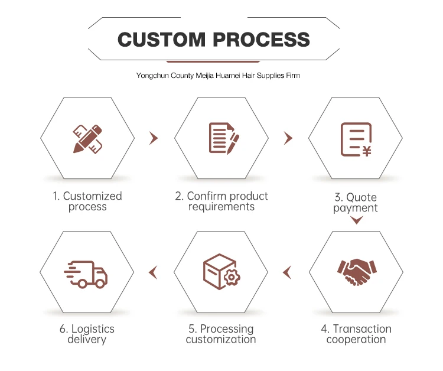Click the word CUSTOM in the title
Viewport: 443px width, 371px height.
click(162, 40)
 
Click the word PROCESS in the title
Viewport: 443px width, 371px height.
click(261, 40)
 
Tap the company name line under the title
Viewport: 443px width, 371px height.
click(221, 76)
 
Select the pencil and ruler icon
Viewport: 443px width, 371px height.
click(87, 138)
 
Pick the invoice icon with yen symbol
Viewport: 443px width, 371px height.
click(356, 139)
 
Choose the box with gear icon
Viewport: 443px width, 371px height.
click(221, 272)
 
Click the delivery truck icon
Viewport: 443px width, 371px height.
click(86, 274)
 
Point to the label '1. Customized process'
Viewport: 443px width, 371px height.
click(87, 201)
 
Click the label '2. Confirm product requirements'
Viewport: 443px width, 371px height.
click(221, 201)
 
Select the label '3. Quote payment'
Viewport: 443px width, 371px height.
click(356, 203)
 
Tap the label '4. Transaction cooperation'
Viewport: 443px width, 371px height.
click(356, 334)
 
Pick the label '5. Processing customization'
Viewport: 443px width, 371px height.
click(221, 334)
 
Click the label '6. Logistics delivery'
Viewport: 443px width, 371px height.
click(87, 334)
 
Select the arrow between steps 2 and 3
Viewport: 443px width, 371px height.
click(288, 138)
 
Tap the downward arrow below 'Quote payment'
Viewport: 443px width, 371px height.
click(356, 221)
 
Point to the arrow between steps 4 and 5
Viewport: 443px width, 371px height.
click(287, 272)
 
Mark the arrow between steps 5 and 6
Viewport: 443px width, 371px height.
click(153, 272)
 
